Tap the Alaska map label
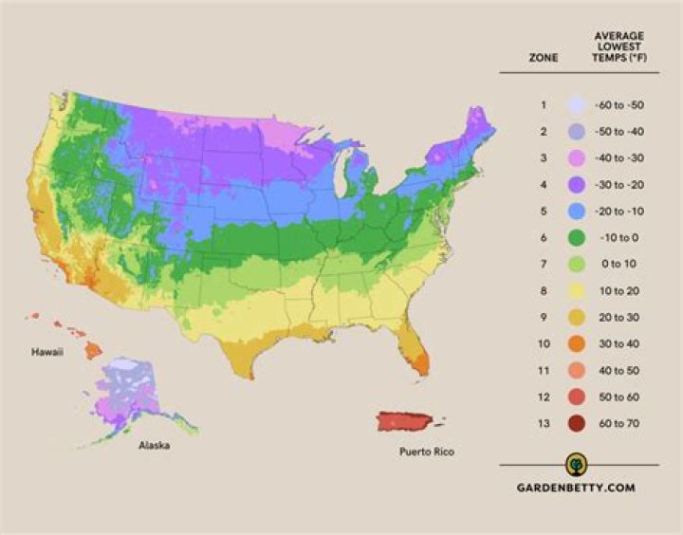coord(154,445)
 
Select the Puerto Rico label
coord(426,452)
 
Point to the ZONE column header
coord(544,58)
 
